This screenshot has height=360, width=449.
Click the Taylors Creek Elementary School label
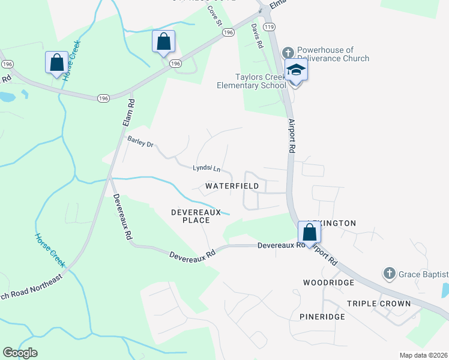(251, 81)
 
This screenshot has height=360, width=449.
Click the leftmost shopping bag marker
(56, 62)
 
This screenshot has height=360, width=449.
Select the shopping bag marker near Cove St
(163, 42)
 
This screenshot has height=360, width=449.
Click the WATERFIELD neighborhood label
(232, 187)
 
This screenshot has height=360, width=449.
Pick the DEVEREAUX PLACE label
(190, 216)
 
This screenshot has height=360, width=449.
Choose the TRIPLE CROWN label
(379, 304)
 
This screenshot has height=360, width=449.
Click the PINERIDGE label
(322, 316)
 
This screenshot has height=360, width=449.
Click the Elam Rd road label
(127, 111)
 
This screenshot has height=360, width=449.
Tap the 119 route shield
(269, 27)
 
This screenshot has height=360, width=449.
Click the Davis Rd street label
(257, 36)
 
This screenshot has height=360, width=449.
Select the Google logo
(19, 353)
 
